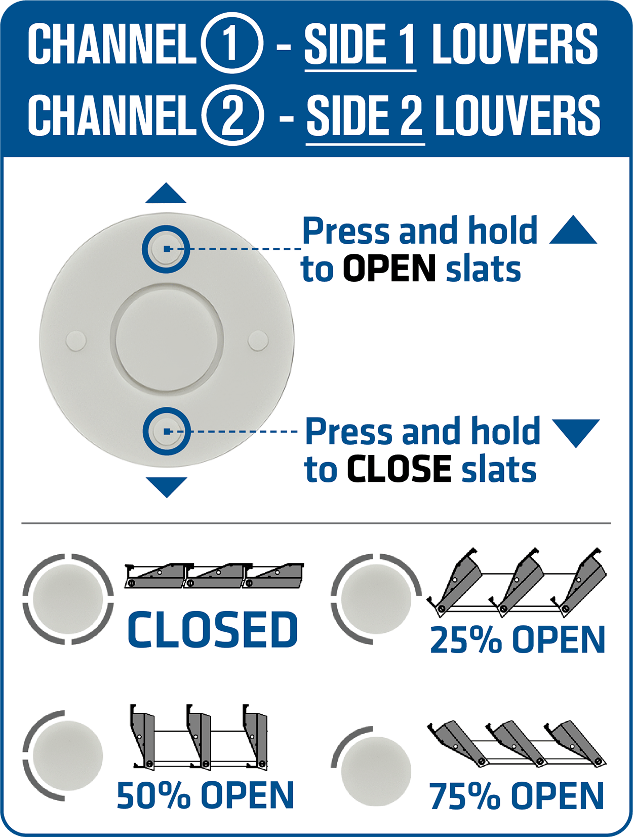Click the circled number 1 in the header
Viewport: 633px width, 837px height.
(232, 43)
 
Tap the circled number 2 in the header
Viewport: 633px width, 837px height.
(232, 115)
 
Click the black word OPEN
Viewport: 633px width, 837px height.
(389, 269)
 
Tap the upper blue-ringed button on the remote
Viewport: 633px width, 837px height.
(166, 249)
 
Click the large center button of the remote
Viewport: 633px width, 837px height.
(167, 339)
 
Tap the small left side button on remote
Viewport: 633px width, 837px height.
(76, 340)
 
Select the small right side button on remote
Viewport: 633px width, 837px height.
(258, 340)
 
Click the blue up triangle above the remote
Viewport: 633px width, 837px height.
(166, 194)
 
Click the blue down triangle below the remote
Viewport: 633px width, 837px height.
(167, 487)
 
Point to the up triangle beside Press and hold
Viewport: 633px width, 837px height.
(573, 231)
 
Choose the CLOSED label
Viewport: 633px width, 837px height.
(212, 630)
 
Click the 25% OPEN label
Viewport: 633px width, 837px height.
(517, 639)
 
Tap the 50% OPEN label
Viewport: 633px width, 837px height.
(205, 794)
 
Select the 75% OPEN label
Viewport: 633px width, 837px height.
(517, 796)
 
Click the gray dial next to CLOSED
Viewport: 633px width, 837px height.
(68, 599)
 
